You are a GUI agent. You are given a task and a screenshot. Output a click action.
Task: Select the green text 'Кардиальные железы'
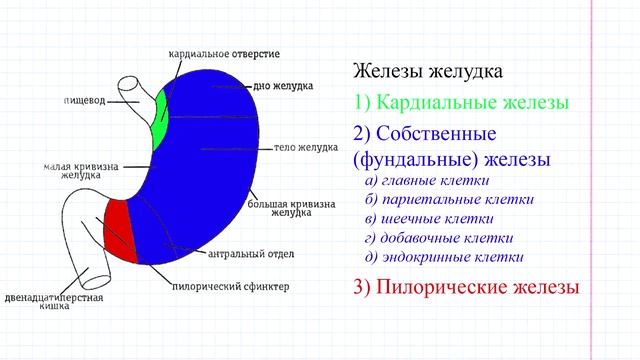[x=461, y=103]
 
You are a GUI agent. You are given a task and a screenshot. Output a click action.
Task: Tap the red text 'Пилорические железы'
[x=466, y=288]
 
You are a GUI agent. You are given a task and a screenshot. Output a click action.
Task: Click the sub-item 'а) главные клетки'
[x=427, y=181]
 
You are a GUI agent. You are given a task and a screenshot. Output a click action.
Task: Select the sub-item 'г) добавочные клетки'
[x=439, y=238]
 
